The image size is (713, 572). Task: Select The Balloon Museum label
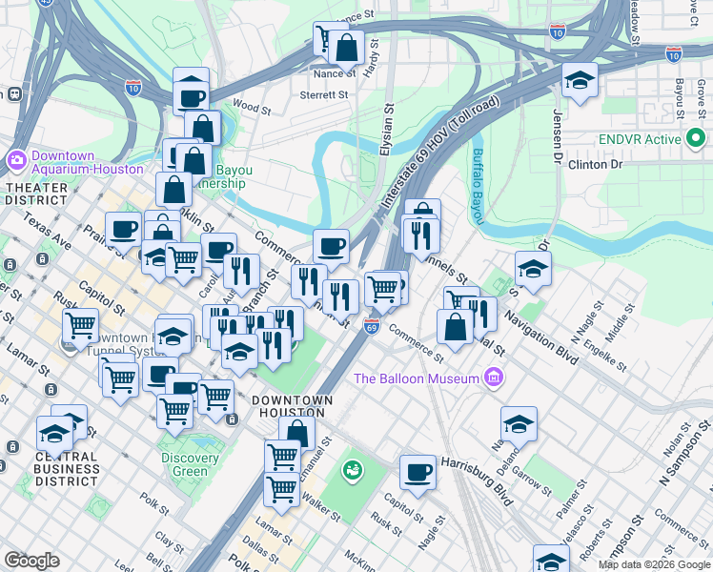tap(416, 378)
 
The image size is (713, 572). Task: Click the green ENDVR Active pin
tap(695, 139)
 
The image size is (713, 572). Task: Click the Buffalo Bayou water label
tap(479, 181)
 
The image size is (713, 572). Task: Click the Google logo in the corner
tap(31, 561)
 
